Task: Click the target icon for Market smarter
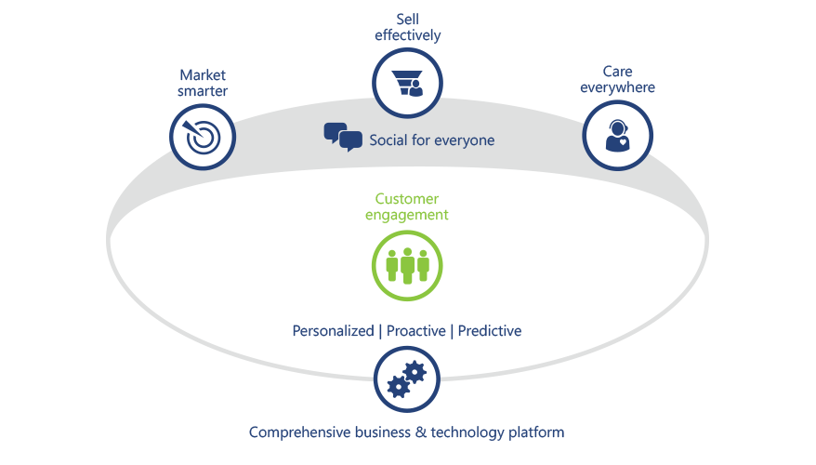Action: (x=203, y=138)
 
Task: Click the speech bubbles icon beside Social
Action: (x=342, y=138)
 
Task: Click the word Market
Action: (x=204, y=73)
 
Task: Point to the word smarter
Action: (x=204, y=91)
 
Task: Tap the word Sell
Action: (x=407, y=19)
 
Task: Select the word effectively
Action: (x=407, y=35)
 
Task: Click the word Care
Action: (x=617, y=71)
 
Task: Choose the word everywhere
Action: (x=617, y=87)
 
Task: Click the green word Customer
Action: (x=407, y=199)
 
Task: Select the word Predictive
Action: (x=490, y=331)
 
